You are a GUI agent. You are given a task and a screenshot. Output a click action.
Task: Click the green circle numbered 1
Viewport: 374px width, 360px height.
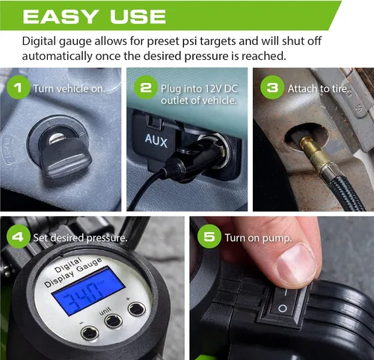coord(18,88)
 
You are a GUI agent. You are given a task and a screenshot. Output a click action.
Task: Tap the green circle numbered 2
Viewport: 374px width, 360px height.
coord(146,88)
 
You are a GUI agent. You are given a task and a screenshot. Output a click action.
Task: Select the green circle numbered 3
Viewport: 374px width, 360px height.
coord(272,88)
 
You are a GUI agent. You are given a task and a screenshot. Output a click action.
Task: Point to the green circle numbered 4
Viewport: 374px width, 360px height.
coord(18,237)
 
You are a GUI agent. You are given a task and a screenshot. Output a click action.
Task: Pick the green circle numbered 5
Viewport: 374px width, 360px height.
coord(209,237)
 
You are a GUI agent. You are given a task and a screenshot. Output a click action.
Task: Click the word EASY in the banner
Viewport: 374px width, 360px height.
coord(60,17)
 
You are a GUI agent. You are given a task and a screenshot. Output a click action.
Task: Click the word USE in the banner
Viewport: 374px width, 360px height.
coord(138,17)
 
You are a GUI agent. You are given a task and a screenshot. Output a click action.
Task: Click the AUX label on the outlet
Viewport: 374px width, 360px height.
coord(156,141)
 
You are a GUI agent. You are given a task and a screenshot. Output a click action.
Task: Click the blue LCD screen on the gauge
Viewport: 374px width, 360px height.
coord(88,290)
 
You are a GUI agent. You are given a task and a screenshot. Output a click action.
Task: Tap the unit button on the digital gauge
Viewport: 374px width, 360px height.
coord(114,321)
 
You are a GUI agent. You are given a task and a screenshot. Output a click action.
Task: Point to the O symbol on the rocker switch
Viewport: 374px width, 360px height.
coord(282,308)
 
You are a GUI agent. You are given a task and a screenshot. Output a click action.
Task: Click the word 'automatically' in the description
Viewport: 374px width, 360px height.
coord(57,56)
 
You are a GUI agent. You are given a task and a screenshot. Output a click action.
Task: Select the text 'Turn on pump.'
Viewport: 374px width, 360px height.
coord(258,238)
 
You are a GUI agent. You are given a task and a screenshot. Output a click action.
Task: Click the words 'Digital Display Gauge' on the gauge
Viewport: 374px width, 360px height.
coord(73,272)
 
